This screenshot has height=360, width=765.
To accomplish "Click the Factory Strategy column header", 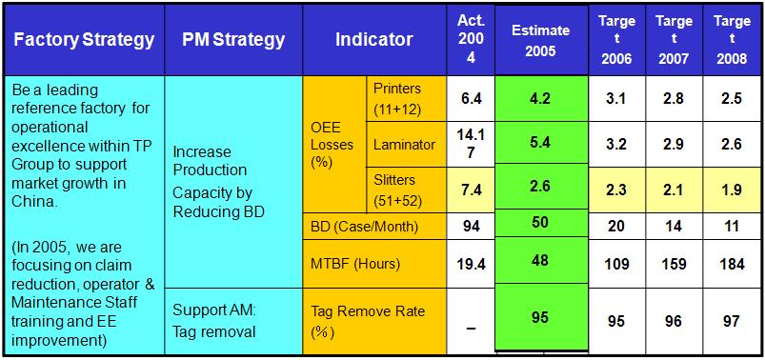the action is pyautogui.click(x=84, y=40).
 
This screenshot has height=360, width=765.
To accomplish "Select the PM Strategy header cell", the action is pyautogui.click(x=233, y=40).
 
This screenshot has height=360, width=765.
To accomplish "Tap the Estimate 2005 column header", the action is pyautogui.click(x=541, y=40).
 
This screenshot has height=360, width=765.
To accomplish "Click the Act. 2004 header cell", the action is pyautogui.click(x=471, y=40).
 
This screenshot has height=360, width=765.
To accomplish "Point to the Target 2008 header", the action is pyautogui.click(x=732, y=40).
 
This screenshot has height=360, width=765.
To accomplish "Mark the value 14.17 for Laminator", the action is pyautogui.click(x=471, y=145).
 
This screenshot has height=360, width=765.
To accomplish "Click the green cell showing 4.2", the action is pyautogui.click(x=541, y=99).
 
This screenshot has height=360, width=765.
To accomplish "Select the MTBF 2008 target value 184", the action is pyautogui.click(x=732, y=264).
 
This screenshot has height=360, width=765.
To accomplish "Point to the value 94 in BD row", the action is pyautogui.click(x=471, y=227).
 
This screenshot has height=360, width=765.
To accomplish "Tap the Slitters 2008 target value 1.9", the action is pyautogui.click(x=732, y=190).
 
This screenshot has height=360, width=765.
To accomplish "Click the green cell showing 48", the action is pyautogui.click(x=541, y=261).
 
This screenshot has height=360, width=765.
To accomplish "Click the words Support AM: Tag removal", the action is pyautogui.click(x=214, y=321).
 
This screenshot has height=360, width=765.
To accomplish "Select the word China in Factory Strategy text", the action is pyautogui.click(x=34, y=202).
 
